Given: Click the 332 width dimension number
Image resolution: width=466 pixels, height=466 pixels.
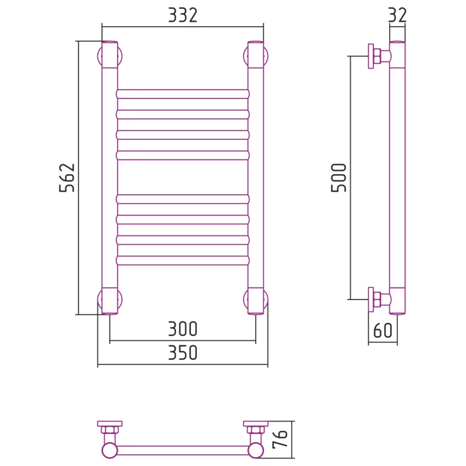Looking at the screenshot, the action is [182, 15].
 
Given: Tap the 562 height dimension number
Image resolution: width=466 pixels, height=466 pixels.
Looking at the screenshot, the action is [67, 178].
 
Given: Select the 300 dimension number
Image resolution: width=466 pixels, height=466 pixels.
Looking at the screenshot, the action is [182, 329].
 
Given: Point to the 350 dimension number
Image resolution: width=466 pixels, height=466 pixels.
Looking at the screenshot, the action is [182, 352].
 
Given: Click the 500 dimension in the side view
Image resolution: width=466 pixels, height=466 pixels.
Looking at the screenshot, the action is [339, 178].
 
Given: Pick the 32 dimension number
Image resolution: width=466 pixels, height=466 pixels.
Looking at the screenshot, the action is [397, 15].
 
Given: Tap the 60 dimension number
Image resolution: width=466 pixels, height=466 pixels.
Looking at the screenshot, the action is [383, 330].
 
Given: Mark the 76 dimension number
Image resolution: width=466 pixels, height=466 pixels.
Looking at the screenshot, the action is [280, 439].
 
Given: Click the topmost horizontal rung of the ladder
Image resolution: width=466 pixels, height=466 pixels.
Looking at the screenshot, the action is [182, 94].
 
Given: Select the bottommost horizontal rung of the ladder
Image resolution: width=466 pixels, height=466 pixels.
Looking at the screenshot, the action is [182, 260].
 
